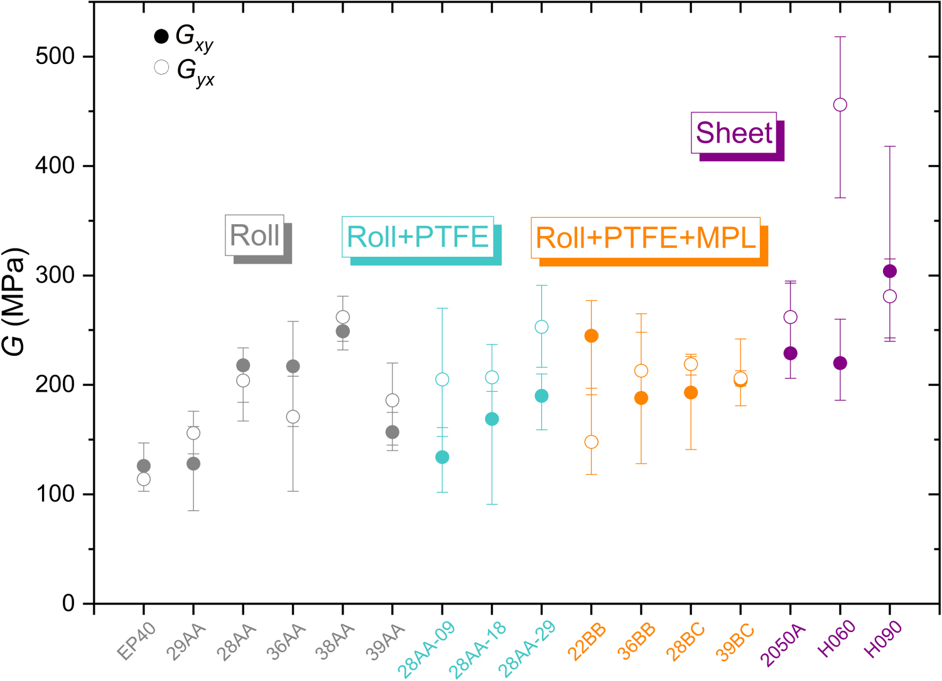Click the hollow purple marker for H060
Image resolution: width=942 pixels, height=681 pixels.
coord(840,105)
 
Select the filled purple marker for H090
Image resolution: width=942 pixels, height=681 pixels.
coord(889,271)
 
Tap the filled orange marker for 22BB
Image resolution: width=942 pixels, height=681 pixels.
coord(591,336)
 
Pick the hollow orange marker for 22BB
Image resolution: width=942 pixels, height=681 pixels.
coord(591,442)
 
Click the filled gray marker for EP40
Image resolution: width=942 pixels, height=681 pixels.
coord(144,466)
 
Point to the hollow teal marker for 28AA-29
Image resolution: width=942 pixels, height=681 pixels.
coord(541,327)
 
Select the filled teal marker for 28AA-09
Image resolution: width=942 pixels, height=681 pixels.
coord(442,457)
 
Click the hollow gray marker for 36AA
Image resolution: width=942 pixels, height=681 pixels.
coord(293,417)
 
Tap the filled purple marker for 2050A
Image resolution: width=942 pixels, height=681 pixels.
coord(790,353)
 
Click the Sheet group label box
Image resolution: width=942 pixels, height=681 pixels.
coord(734,133)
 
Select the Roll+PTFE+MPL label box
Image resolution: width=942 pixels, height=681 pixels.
coord(646,238)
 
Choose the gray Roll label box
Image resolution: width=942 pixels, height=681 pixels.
coord(254,235)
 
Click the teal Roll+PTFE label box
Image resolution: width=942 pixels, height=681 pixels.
coord(417,237)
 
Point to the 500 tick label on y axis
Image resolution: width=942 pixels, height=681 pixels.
coord(55,56)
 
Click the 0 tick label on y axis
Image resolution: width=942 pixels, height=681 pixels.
coord(68,604)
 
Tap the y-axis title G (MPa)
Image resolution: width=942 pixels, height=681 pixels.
coord(15,301)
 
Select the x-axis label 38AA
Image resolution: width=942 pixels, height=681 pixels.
coord(335,641)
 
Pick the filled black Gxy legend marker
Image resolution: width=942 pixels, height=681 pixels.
coord(161,36)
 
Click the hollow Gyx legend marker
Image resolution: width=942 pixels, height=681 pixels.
coord(161,68)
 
